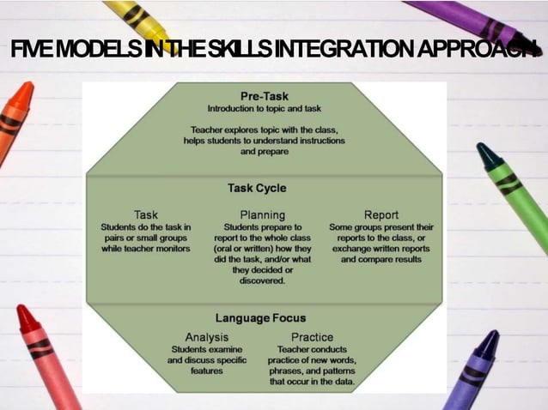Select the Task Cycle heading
[257, 188]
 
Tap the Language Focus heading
[260, 318]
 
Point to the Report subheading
[381, 214]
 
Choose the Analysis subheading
[207, 337]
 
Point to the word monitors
[169, 249]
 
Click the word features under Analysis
[206, 371]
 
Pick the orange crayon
[14, 120]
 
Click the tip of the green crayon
[486, 152]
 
